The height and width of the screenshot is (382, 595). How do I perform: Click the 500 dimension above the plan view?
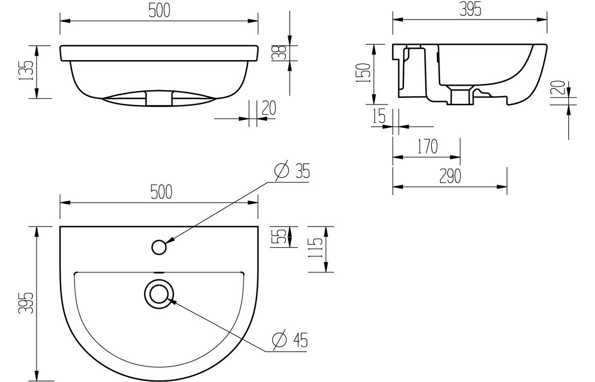tap(160, 193)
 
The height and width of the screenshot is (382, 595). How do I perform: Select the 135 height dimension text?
tap(28, 71)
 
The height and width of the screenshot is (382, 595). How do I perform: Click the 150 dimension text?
tap(364, 74)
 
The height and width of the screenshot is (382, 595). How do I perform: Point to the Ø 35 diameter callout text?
tap(292, 170)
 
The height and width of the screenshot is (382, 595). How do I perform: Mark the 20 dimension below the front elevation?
tap(269, 108)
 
